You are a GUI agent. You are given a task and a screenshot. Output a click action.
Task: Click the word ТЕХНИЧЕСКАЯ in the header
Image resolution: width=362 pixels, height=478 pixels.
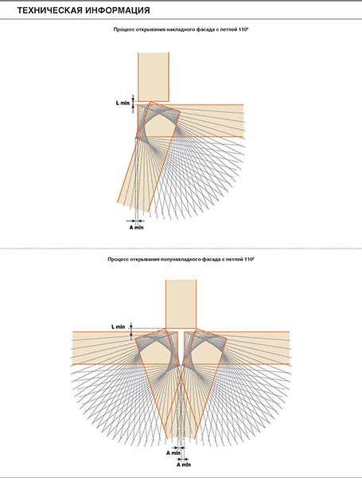(x=49, y=10)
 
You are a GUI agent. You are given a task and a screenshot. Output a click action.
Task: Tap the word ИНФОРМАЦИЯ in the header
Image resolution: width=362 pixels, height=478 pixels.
(x=118, y=10)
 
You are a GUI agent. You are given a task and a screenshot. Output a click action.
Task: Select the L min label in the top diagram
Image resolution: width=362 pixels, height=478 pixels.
(x=123, y=103)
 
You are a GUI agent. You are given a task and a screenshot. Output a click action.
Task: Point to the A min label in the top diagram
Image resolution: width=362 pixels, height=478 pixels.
(x=136, y=227)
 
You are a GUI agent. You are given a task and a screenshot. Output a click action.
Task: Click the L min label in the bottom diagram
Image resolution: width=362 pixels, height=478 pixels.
(x=118, y=327)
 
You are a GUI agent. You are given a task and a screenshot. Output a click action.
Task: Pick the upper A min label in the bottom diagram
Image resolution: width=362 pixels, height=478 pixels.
(x=173, y=453)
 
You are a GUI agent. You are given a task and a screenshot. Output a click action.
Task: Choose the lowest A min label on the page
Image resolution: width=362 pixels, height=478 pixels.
(x=184, y=465)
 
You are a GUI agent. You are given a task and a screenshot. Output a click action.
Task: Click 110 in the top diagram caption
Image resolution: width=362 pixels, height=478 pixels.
(x=248, y=29)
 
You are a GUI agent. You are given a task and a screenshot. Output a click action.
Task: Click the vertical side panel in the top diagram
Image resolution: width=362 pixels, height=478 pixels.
(x=154, y=76)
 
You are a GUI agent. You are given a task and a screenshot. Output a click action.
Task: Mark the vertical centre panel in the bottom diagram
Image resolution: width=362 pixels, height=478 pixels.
(x=181, y=304)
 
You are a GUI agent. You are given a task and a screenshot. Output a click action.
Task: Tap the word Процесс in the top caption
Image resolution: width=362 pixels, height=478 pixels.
(x=122, y=29)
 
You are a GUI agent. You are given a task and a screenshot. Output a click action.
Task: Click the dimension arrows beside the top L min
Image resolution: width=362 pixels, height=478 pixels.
(x=134, y=104)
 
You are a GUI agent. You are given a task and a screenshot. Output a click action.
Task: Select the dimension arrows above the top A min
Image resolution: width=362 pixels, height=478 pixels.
(x=136, y=221)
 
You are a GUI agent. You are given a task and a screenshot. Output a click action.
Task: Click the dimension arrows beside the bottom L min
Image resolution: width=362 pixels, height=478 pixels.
(x=131, y=331)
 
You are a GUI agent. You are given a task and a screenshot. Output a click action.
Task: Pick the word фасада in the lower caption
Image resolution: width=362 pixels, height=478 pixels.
(x=209, y=260)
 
